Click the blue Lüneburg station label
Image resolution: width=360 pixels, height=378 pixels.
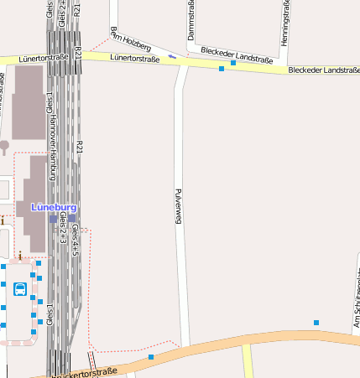[54, 207]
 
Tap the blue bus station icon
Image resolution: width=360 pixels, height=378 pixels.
[19, 289]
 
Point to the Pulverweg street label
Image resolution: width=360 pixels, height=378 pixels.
[178, 205]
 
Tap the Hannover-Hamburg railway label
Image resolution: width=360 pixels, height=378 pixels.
[51, 150]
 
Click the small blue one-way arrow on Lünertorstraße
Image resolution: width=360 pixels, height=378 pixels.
[172, 56]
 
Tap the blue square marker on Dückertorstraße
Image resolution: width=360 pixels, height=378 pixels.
[151, 358]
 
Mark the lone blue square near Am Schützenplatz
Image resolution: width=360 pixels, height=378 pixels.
[316, 323]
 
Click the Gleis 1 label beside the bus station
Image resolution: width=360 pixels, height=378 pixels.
[50, 313]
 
